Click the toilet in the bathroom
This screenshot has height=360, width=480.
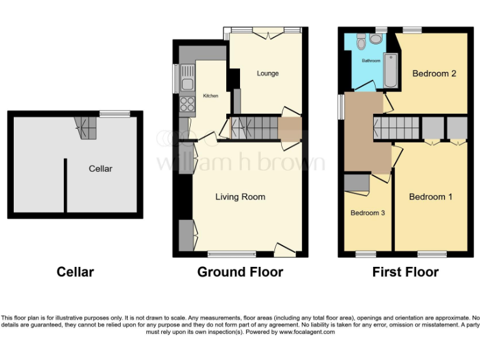pyautogui.click(x=361, y=43)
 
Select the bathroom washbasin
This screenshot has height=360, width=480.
pyautogui.click(x=376, y=39)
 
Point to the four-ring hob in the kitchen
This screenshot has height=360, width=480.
pyautogui.click(x=186, y=104)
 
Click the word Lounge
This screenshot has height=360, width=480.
pyautogui.click(x=267, y=73)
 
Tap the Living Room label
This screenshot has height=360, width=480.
pyautogui.click(x=240, y=197)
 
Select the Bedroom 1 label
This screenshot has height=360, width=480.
pyautogui.click(x=431, y=197)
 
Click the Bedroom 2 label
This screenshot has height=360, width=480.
pyautogui.click(x=434, y=73)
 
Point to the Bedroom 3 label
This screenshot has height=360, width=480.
pyautogui.click(x=367, y=213)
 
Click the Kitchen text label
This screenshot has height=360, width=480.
pyautogui.click(x=211, y=96)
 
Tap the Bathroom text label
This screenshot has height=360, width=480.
pyautogui.click(x=371, y=61)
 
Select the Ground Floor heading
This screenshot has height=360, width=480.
pyautogui.click(x=240, y=272)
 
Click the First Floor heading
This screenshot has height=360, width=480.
pyautogui.click(x=405, y=272)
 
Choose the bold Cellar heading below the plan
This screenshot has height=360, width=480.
pyautogui.click(x=75, y=272)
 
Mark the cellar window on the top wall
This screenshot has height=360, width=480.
pyautogui.click(x=114, y=114)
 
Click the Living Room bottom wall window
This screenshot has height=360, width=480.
pyautogui.click(x=231, y=254)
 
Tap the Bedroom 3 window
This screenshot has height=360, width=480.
pyautogui.click(x=366, y=254)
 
